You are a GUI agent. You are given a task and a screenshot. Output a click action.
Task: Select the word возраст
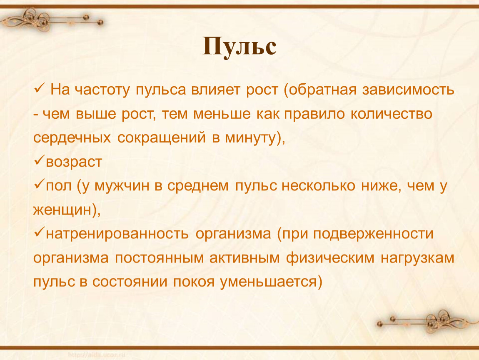74,162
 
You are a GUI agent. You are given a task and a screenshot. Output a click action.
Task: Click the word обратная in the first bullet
322,90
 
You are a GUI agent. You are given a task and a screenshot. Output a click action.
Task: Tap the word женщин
63,210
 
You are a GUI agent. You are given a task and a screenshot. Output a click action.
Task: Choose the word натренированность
117,234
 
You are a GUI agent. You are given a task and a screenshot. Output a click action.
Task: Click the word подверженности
373,234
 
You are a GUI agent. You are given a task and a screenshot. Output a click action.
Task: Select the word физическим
330,258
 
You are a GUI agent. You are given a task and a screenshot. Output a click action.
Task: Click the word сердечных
72,138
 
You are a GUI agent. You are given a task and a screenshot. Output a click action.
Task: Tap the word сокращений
162,138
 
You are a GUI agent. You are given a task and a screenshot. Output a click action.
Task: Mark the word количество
392,114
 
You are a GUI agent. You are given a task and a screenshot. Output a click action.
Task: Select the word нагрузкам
418,258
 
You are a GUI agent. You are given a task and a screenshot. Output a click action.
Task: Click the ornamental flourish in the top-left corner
52,20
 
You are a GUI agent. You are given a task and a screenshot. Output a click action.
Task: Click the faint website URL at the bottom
97,355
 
